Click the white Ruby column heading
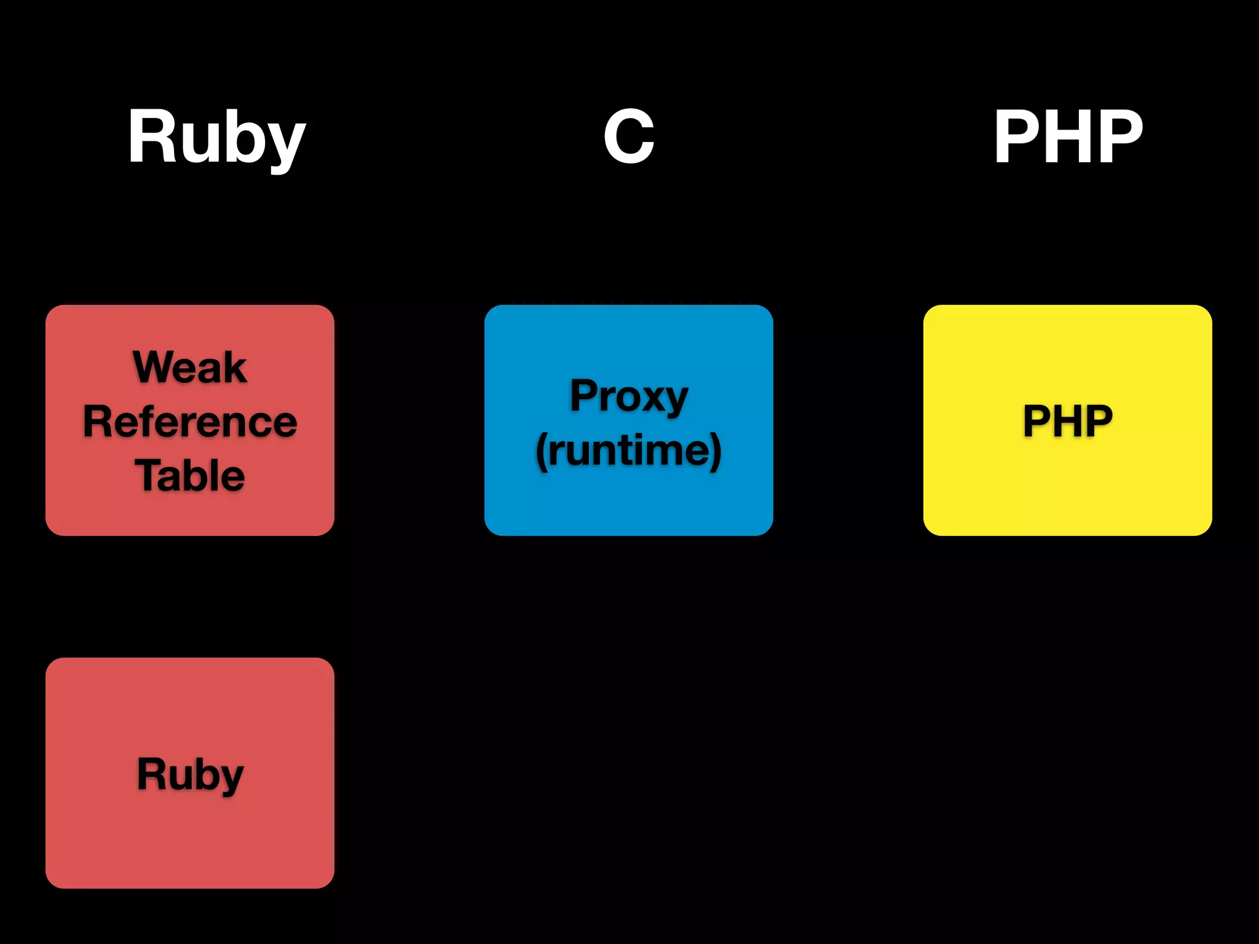216,138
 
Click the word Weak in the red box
190,367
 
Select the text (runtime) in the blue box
628,450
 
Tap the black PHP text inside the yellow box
1067,421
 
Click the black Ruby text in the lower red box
190,774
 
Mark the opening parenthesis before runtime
541,452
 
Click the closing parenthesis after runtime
716,452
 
